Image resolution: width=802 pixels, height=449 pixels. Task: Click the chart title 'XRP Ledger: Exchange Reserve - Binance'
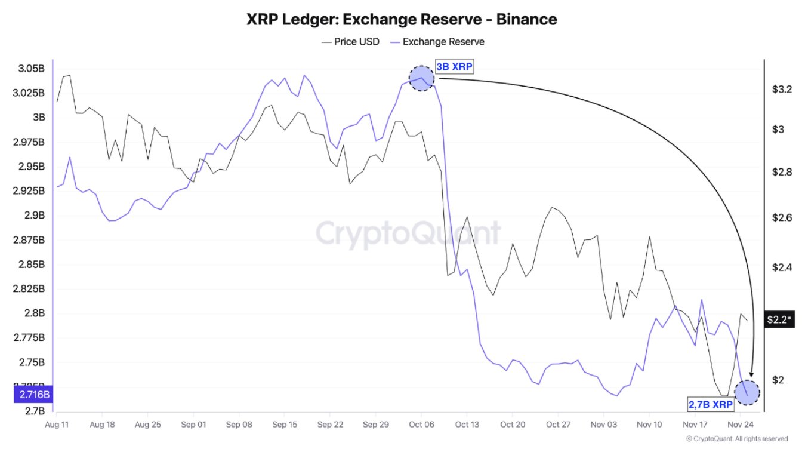coord(401,19)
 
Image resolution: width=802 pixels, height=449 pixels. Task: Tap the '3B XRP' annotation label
coord(454,67)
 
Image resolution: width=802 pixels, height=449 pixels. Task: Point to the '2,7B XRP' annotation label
coord(711,404)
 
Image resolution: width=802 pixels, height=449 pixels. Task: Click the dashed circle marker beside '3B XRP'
coord(421,79)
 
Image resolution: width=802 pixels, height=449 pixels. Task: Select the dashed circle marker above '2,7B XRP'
coord(747,392)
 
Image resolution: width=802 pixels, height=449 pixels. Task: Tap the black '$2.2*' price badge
coord(780,320)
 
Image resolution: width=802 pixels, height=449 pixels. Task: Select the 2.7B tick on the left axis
coord(35,411)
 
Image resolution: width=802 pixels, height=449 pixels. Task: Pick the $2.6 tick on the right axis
coord(781,217)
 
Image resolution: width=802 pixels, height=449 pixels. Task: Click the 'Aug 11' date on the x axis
coord(57,425)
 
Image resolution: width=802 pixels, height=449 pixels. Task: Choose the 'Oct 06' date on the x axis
coord(421,425)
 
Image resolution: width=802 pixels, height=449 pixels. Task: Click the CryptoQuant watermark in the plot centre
coord(408,232)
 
